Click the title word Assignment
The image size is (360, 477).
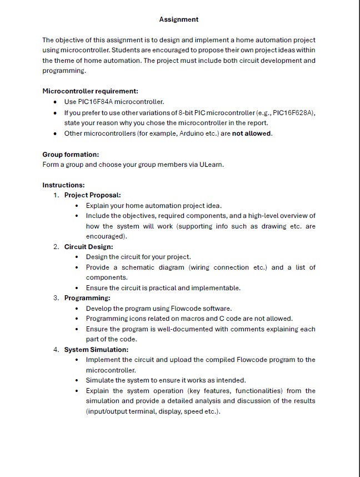click(x=178, y=19)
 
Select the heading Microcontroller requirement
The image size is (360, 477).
click(x=90, y=91)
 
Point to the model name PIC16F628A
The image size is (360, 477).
click(x=295, y=112)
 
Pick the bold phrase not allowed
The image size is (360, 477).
click(x=252, y=133)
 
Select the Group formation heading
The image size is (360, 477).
click(x=71, y=154)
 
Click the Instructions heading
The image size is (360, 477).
click(x=63, y=185)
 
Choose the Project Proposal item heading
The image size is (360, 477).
click(x=92, y=195)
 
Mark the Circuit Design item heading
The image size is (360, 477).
click(x=88, y=247)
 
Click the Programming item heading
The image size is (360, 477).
click(x=87, y=298)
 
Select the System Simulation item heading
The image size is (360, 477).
click(x=96, y=350)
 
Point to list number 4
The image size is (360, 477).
click(x=56, y=350)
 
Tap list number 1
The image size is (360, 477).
click(x=56, y=195)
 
